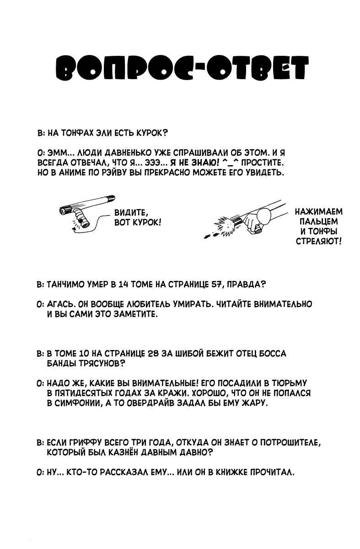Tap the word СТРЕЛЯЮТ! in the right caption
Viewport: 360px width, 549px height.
tap(319, 241)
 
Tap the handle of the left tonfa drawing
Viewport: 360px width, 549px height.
tap(83, 220)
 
